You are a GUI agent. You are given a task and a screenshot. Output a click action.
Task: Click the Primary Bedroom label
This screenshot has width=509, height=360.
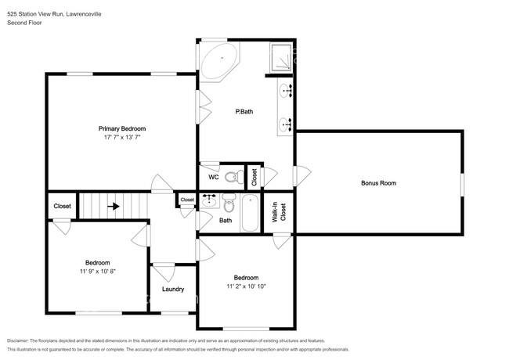coord(122,128)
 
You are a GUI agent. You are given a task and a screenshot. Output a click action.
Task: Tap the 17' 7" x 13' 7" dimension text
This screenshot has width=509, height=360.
coord(122,137)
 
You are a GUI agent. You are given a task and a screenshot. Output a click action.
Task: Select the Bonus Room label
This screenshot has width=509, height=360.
coord(378,183)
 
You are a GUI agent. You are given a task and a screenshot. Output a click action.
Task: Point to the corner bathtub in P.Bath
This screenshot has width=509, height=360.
coord(219,61)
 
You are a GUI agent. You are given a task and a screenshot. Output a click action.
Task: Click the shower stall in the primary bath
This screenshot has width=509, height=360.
coord(281,57)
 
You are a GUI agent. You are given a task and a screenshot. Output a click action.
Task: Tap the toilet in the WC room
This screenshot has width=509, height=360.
coord(233,177)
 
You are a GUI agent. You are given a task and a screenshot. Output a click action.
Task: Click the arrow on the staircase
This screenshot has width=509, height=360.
coord(114,206)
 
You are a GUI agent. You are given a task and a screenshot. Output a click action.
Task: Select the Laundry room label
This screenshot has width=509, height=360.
coord(173,289)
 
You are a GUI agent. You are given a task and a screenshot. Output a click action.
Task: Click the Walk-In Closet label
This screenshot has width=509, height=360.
coord(279,212)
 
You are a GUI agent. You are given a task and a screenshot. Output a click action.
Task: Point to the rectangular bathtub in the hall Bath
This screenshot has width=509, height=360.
coord(250,213)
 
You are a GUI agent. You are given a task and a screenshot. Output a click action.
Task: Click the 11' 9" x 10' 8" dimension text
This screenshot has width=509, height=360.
coord(98,272)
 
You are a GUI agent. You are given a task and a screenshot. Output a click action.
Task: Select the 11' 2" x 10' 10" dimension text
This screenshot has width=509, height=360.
coord(247,286)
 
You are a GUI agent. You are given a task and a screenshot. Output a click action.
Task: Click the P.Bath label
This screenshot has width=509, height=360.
coord(244,112)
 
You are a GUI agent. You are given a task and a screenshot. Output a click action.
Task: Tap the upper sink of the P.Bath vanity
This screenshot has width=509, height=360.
coord(286,90)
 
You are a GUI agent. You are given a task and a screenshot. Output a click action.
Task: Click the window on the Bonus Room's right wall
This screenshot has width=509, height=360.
coord(462,185)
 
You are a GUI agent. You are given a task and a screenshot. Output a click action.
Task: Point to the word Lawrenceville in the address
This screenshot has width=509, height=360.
coord(84,14)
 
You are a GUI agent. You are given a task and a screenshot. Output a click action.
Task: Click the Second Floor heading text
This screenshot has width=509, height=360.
coord(25,23)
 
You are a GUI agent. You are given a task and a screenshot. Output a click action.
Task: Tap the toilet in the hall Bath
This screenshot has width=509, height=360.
coord(229,202)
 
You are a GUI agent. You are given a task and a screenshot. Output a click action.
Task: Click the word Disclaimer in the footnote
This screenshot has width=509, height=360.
coord(18,340)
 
